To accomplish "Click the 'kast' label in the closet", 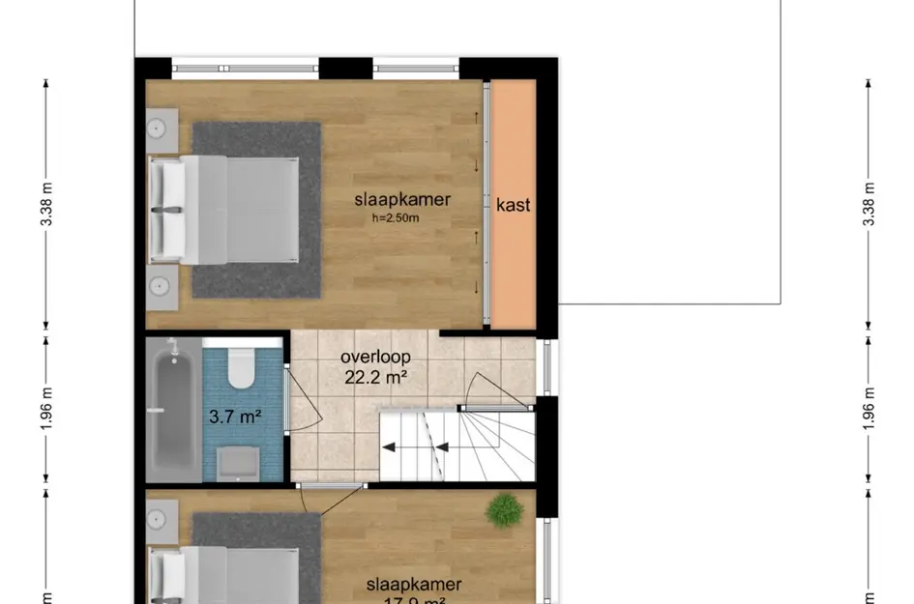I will [x=514, y=205].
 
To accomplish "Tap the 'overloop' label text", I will [x=375, y=357].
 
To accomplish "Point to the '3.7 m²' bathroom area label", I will [x=236, y=417].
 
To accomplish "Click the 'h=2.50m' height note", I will [x=397, y=218].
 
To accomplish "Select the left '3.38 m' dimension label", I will [x=45, y=205].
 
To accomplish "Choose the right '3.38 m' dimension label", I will [x=868, y=205].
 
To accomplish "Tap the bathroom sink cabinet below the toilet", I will [x=237, y=463].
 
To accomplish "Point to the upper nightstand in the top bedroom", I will [x=161, y=129].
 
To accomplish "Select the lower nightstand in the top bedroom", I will [x=161, y=286].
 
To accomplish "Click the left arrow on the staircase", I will [x=392, y=446].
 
